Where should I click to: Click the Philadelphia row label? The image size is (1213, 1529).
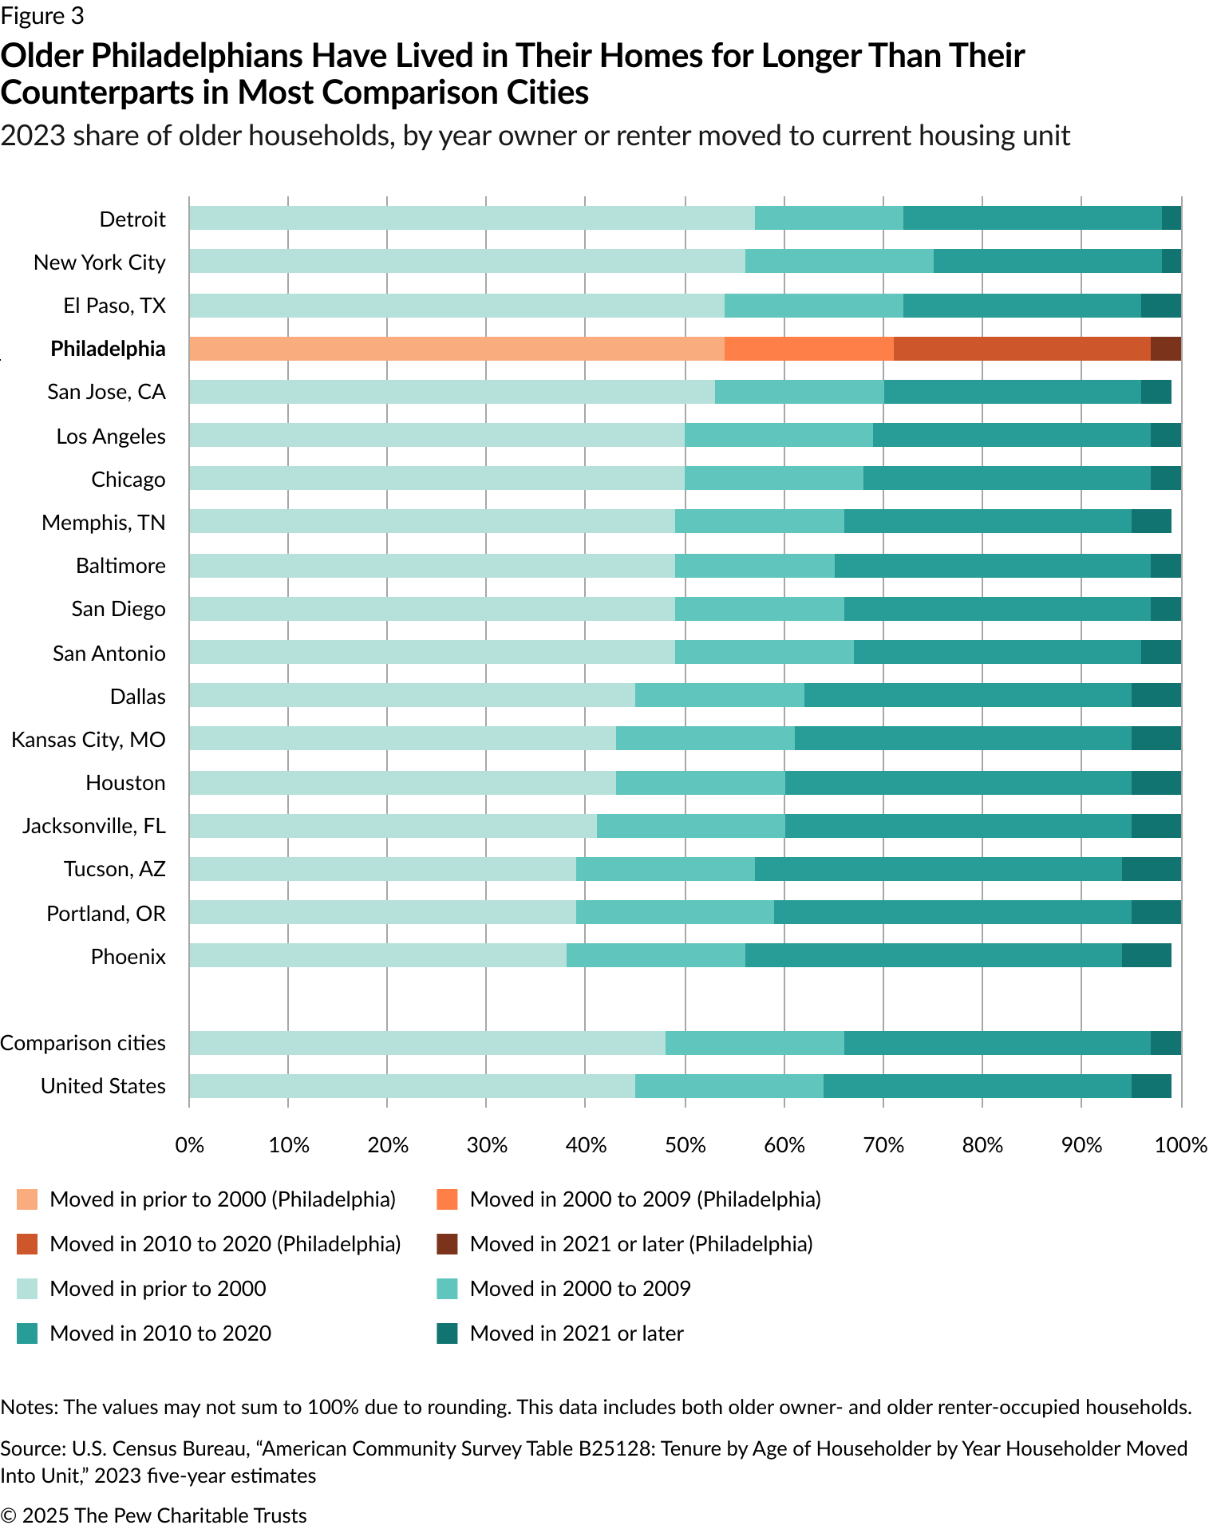(x=108, y=349)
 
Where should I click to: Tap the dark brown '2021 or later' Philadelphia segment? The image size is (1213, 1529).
(x=1165, y=349)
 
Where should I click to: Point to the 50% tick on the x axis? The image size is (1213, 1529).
(x=686, y=1145)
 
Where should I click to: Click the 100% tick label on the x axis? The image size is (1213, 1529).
(x=1181, y=1145)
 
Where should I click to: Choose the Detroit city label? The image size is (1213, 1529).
(x=132, y=219)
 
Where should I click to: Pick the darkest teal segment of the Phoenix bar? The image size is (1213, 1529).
(x=1146, y=955)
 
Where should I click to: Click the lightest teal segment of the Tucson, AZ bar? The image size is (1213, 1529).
(x=382, y=869)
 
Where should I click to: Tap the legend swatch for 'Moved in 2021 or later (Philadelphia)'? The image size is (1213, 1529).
(x=448, y=1244)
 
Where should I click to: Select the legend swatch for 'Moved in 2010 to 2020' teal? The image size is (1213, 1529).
(x=27, y=1333)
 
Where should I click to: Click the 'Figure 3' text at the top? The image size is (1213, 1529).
(x=42, y=16)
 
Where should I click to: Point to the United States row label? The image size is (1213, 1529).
(x=103, y=1086)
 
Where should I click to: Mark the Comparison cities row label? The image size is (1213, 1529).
(x=83, y=1043)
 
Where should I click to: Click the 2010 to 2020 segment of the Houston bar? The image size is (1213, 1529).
(x=958, y=783)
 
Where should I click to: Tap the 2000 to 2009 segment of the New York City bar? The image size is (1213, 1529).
(x=839, y=261)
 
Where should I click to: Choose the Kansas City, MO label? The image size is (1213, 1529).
(x=89, y=740)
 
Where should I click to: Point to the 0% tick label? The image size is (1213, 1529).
(x=189, y=1145)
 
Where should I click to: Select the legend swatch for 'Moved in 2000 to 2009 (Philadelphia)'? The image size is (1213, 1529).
(x=448, y=1199)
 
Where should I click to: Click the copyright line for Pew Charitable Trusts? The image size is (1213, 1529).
(x=153, y=1515)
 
